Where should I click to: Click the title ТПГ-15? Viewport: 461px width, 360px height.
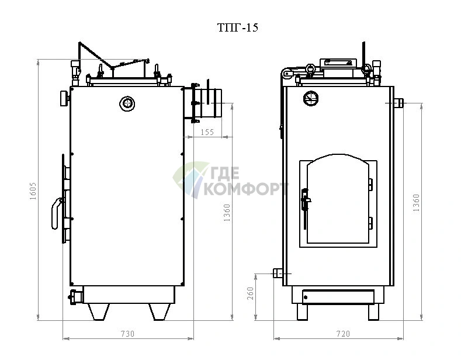pyautogui.click(x=238, y=27)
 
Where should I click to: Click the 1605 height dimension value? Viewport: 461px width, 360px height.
pyautogui.click(x=33, y=191)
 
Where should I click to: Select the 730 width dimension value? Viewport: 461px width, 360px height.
pyautogui.click(x=127, y=334)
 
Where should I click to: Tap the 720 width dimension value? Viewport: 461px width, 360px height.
pyautogui.click(x=343, y=334)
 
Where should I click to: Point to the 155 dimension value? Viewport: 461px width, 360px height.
pyautogui.click(x=207, y=132)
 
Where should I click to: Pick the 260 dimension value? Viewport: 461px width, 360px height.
pyautogui.click(x=251, y=293)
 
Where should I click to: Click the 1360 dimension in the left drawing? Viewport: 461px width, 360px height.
pyautogui.click(x=227, y=213)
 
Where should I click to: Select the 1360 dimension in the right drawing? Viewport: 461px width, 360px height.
pyautogui.click(x=417, y=203)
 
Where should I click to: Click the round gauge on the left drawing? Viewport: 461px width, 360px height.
pyautogui.click(x=127, y=103)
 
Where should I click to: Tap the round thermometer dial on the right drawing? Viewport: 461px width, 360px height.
pyautogui.click(x=311, y=98)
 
